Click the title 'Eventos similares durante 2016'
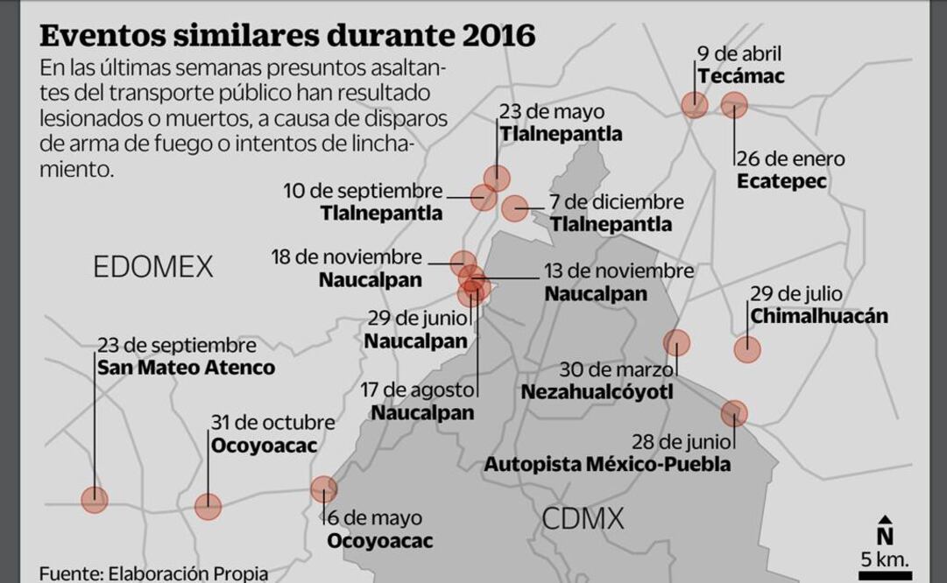coord(287,35)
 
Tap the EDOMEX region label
coord(152,266)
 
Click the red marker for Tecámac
coord(695,105)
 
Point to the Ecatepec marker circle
coord(734,105)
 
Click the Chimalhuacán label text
coord(819,316)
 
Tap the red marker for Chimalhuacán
coord(747,350)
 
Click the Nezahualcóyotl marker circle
coord(676,342)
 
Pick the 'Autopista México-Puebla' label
coord(607,464)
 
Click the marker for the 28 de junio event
coord(734,413)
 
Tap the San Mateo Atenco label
coord(186,368)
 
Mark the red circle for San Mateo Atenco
coord(94,500)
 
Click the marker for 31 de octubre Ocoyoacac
coord(208,506)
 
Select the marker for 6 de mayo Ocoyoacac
coord(323,488)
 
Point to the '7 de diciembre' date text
coord(616,202)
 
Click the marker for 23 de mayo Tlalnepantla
coord(497,178)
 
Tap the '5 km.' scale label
coord(884,558)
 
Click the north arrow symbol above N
coord(885,520)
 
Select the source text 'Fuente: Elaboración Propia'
coord(153,574)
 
